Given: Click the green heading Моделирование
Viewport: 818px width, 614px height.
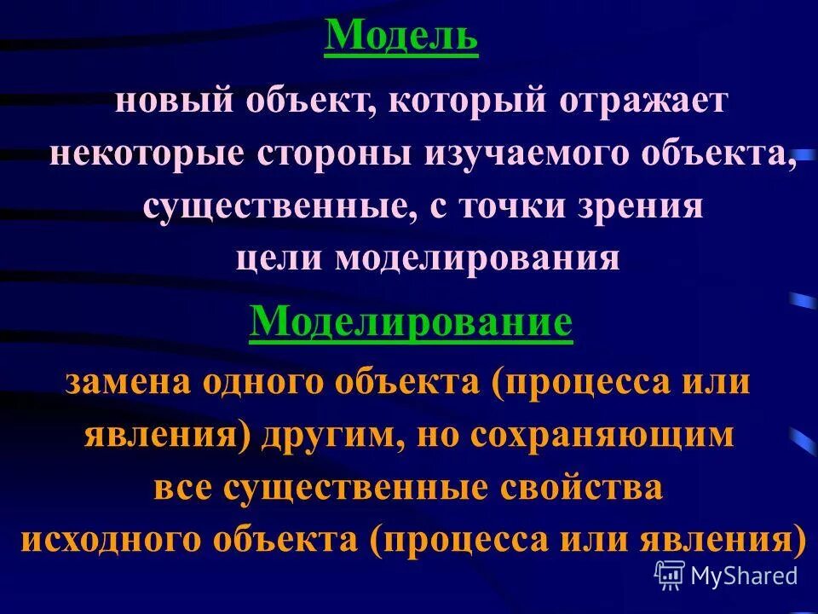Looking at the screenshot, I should (x=411, y=323).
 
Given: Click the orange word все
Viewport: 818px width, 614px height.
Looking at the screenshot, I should (x=181, y=488).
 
